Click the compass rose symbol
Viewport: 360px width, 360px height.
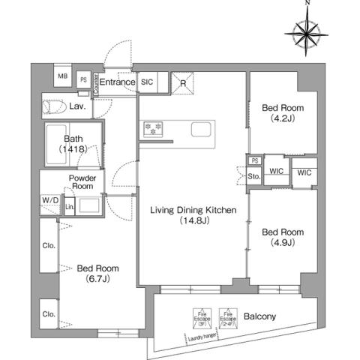point(307,33)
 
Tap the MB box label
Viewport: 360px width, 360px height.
point(63,77)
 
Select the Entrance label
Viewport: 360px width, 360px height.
point(117,82)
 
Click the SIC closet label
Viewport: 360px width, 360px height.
point(147,82)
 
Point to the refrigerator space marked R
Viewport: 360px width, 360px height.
point(183,82)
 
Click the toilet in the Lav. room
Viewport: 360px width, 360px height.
point(55,105)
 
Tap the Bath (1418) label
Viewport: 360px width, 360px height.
point(73,144)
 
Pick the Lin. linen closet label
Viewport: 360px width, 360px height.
point(69,206)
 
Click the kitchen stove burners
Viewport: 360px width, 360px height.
point(152,129)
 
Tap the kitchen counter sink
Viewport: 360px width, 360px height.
point(201,129)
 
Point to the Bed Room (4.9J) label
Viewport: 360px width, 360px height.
point(282,236)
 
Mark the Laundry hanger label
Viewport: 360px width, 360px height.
point(204,337)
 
